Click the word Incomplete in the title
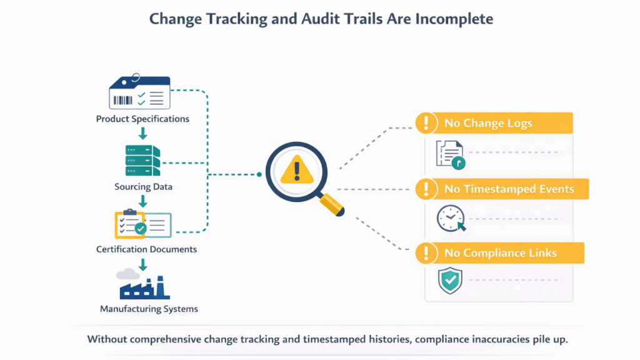[x=454, y=19]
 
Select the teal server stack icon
[x=142, y=161]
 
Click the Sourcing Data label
[x=143, y=186]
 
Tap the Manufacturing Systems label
[x=149, y=309]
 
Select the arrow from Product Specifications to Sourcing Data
[x=143, y=134]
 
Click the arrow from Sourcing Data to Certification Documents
[x=143, y=201]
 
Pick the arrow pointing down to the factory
[x=143, y=265]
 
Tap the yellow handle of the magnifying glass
[x=332, y=204]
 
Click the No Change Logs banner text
[x=488, y=123]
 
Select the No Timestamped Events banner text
[x=509, y=189]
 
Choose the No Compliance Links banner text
[x=501, y=253]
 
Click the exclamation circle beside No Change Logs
[x=426, y=123]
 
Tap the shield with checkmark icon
[x=450, y=281]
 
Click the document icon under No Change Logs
[x=451, y=155]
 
